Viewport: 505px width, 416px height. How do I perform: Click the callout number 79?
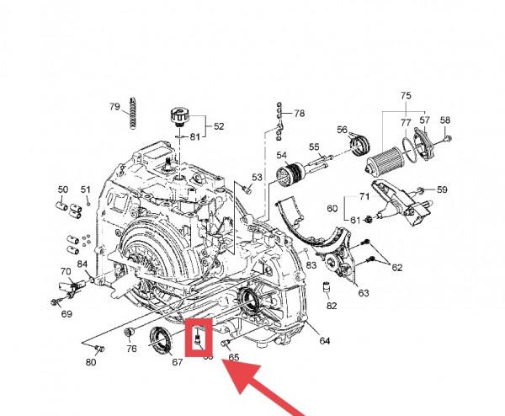[x=114, y=106]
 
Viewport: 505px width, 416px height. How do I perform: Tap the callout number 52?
[x=219, y=126]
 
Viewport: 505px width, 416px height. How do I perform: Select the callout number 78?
[x=300, y=113]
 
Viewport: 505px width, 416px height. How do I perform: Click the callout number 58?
[x=446, y=120]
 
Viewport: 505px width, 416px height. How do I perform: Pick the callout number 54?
[x=282, y=155]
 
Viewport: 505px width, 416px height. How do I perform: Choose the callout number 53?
[x=258, y=177]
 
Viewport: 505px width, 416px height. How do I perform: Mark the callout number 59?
[x=443, y=189]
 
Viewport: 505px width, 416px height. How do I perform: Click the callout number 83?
[x=311, y=265]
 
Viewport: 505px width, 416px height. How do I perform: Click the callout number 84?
[x=83, y=264]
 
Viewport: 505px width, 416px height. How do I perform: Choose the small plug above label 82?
[x=324, y=291]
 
